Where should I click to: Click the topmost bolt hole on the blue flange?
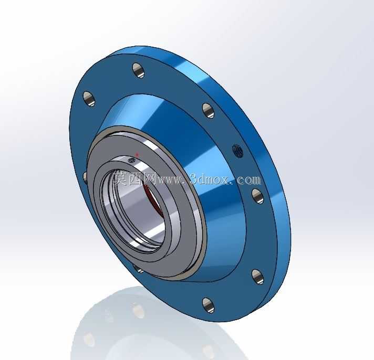[x=139, y=70]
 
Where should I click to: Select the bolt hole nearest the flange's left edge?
[x=89, y=99]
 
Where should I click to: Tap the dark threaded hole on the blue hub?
[x=238, y=151]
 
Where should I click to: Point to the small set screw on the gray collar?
[x=131, y=161]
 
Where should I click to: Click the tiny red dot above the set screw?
[x=137, y=155]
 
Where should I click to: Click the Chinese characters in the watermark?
[x=134, y=178]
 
